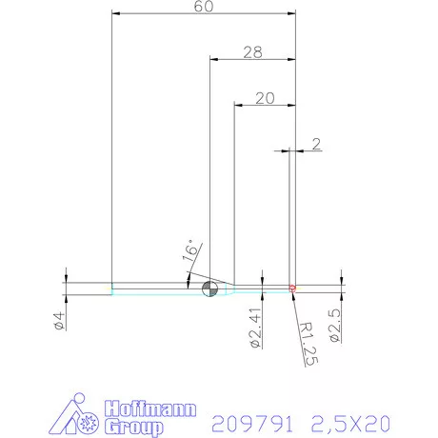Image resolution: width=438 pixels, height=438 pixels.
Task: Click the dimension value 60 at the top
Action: (202, 8)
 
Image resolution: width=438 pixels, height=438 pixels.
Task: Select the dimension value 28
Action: (251, 52)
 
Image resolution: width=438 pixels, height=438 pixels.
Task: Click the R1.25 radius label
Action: (306, 344)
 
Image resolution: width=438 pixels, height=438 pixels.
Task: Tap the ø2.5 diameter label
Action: (334, 324)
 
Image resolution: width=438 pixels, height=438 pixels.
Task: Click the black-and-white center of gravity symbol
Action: (209, 289)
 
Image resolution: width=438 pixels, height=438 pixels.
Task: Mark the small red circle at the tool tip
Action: (293, 287)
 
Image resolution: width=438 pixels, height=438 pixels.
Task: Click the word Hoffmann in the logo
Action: (148, 409)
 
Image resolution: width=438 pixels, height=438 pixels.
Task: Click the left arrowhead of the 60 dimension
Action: (116, 14)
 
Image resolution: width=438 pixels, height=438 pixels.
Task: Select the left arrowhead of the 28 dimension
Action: (213, 59)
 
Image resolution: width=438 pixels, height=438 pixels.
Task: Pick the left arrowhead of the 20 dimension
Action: (239, 104)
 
